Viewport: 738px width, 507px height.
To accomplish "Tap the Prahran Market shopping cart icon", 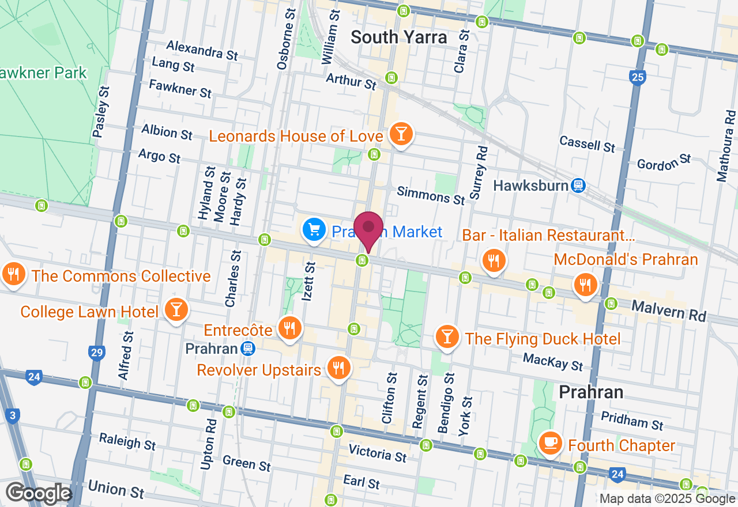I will coord(314,230).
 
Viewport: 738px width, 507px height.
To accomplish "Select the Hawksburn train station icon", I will coord(578,186).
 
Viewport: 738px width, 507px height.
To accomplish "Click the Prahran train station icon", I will coord(248,349).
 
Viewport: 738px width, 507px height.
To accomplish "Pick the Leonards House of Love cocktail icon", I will coord(401,134).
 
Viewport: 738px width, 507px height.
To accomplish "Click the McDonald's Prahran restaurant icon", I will coord(585,284).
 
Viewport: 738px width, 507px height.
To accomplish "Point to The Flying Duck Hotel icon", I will coord(447,337).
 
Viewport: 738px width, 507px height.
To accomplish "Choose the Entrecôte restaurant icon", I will coord(289,328).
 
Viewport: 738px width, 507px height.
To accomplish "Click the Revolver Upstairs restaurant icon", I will coord(338,368).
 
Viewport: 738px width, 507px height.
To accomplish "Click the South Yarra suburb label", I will coord(398,37).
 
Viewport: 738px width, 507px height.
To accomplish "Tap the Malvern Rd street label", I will coord(668,311).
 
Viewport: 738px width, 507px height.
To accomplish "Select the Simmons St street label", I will coord(431,196).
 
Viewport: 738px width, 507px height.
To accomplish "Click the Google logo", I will coord(38,493).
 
